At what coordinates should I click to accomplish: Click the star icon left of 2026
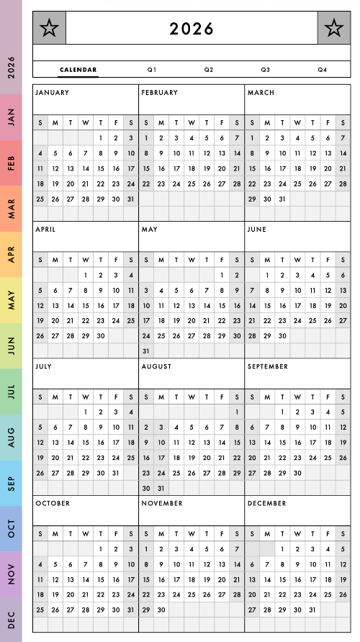pos(49,28)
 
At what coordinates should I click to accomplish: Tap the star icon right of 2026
pos(333,28)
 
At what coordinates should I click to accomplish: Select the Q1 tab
pos(151,70)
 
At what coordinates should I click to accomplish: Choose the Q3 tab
pos(265,70)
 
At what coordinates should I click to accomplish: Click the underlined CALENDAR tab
pos(78,70)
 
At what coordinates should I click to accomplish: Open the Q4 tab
pos(322,70)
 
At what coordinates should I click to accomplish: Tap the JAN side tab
pos(11,117)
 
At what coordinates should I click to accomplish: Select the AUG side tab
pos(11,437)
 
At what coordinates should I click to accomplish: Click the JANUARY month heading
pos(52,93)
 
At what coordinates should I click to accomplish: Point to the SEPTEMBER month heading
pos(267,366)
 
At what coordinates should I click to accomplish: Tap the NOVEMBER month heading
pos(163,503)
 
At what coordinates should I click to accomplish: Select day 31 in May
pos(146,351)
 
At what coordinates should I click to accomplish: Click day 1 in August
pos(237,412)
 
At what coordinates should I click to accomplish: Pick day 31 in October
pos(130,610)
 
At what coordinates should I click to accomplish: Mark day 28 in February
pos(237,184)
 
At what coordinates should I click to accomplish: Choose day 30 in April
pos(100,335)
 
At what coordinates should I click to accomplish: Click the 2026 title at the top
pos(192,29)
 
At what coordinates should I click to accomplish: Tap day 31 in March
pos(282,199)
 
